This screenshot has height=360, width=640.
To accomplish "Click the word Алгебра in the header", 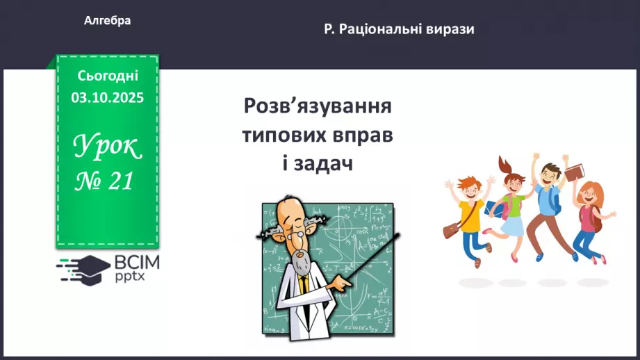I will (x=107, y=21).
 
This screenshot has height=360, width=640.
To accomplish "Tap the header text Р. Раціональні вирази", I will (x=399, y=30).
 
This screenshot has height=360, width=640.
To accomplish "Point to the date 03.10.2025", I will (x=108, y=98).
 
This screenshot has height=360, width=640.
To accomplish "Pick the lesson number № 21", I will (x=104, y=182).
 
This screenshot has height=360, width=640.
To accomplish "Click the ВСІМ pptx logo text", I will (x=136, y=268).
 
